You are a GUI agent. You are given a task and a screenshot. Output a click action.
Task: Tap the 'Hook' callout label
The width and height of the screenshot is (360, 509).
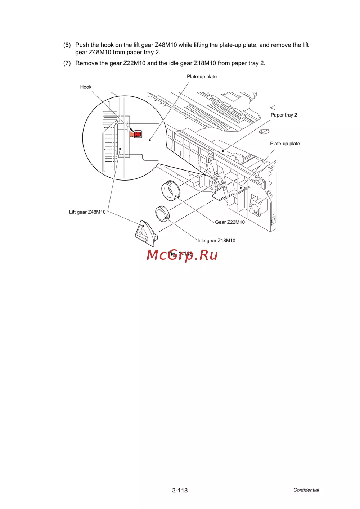(x=86, y=87)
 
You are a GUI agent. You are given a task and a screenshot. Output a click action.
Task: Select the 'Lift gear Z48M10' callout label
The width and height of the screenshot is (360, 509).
(x=87, y=212)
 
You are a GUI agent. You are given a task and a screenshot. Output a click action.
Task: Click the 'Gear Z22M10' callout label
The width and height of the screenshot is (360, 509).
(x=230, y=222)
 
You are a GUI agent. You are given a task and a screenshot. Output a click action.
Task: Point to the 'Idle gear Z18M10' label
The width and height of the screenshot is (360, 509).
(x=216, y=241)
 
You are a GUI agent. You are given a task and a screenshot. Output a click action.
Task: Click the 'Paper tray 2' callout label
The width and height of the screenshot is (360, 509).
(x=284, y=115)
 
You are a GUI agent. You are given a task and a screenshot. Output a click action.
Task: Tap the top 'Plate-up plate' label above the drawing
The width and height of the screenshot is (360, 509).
(x=202, y=77)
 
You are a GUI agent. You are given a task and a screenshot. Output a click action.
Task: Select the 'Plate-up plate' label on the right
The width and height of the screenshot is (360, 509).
(x=285, y=144)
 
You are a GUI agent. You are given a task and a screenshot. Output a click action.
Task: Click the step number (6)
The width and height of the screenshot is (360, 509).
(x=67, y=45)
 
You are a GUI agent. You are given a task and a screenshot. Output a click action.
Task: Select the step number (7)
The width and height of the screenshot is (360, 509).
(x=67, y=63)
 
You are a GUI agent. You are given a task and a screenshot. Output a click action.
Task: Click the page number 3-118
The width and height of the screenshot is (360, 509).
(x=180, y=490)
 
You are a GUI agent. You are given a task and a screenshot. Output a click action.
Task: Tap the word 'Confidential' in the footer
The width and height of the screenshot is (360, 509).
(x=306, y=490)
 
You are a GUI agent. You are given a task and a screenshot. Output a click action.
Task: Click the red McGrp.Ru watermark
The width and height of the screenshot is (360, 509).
(x=182, y=255)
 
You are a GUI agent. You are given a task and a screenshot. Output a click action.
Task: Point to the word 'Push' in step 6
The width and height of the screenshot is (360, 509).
(x=82, y=45)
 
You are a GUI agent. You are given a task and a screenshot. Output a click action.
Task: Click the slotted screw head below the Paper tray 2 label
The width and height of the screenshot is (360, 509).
(x=264, y=132)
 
